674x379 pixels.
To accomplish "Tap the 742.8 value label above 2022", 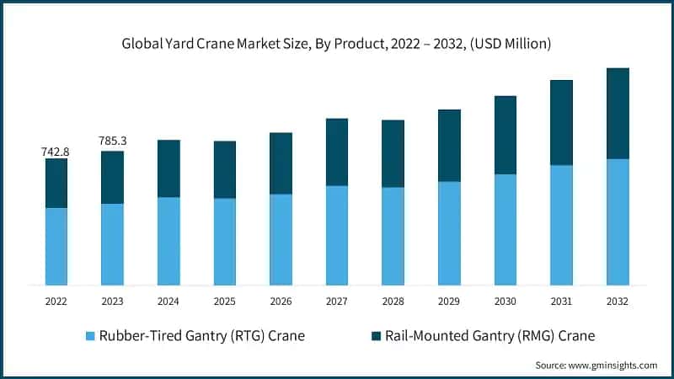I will click(x=56, y=152).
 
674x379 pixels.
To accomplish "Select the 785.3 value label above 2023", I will click(x=112, y=141).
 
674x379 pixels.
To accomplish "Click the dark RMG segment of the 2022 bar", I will click(x=56, y=183).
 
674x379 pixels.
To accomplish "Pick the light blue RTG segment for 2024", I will click(x=168, y=241).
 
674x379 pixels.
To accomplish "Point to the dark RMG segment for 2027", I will click(x=337, y=152).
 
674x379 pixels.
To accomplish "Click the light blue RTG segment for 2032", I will click(x=618, y=222).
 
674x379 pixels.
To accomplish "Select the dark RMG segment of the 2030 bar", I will click(x=505, y=135).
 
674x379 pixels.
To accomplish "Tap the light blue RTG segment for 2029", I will click(x=449, y=233).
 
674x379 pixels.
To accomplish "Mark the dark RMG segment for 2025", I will click(x=224, y=169).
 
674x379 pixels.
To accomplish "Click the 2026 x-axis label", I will click(x=281, y=302).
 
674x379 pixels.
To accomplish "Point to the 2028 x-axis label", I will click(x=393, y=302).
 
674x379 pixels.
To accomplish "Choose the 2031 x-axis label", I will click(x=561, y=302).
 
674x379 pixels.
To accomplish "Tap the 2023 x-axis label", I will click(x=112, y=302).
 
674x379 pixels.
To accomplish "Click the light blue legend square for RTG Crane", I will click(x=90, y=336).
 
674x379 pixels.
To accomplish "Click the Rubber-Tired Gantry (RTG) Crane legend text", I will click(x=203, y=336).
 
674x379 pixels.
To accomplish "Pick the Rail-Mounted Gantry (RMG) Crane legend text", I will click(x=489, y=336).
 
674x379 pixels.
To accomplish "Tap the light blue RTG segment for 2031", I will click(x=561, y=225).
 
